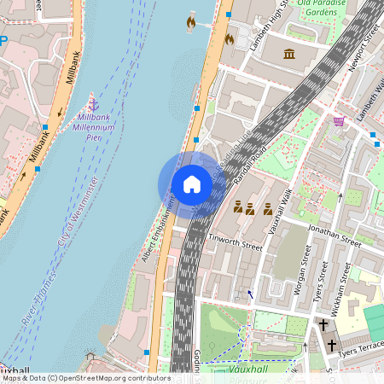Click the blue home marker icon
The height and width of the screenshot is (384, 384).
pos(191,183)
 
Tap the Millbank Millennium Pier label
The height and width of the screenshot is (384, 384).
pos(102,126)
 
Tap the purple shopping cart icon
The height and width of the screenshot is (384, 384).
pos(339,122)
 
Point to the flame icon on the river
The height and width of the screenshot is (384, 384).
pos(191,23)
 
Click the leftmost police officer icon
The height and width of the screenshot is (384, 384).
pos(239,207)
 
